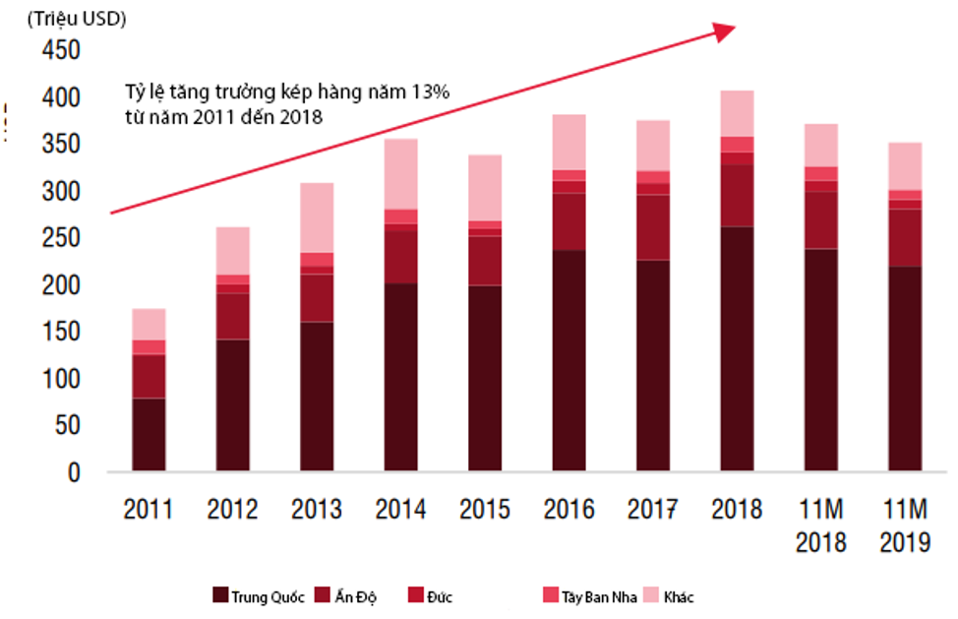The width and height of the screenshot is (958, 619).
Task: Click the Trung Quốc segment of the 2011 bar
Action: tap(149, 434)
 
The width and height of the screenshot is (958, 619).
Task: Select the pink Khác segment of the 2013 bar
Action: tap(317, 217)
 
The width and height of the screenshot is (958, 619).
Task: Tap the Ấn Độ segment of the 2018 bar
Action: tap(737, 195)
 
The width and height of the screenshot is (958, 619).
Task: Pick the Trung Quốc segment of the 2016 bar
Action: tap(569, 360)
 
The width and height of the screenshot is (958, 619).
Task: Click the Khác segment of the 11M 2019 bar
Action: tap(905, 166)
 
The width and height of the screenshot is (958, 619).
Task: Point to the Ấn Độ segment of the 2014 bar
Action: tap(400, 257)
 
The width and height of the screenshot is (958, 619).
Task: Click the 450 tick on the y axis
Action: tap(60, 51)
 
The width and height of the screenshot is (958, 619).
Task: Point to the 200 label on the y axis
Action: tap(60, 285)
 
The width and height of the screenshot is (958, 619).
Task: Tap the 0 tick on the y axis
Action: tap(73, 472)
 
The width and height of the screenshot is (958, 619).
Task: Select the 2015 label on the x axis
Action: tap(485, 510)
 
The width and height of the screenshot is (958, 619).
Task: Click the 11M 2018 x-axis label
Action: tap(821, 526)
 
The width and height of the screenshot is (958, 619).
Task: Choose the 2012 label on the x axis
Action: tap(233, 510)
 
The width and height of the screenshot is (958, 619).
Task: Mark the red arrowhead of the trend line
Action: tap(725, 31)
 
